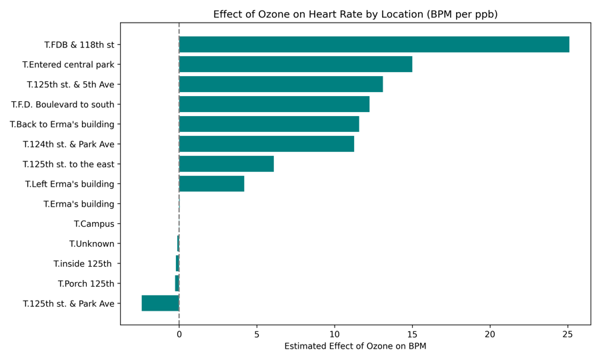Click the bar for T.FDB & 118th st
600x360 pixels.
373,45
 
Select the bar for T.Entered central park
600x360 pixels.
295,65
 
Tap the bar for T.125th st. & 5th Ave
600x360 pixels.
281,85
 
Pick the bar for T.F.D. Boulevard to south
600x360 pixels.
274,104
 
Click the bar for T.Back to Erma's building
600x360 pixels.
269,124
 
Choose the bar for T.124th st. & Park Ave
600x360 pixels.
266,144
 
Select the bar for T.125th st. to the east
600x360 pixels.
226,164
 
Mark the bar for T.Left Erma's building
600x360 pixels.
211,184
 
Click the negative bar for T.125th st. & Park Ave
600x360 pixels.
160,303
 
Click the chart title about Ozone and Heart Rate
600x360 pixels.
355,14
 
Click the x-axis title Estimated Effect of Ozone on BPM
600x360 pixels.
355,346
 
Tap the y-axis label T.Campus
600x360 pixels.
94,224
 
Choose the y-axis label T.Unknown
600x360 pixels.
92,244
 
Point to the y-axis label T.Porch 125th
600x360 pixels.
86,284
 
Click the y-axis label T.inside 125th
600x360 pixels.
83,264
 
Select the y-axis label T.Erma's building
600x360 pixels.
79,204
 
